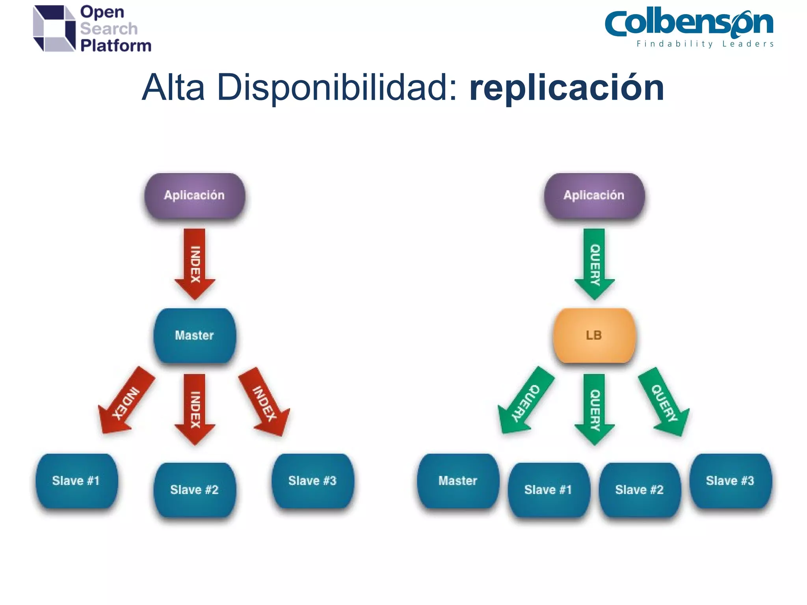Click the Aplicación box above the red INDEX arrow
pos(195,195)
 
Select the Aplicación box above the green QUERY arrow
pos(594,195)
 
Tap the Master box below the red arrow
pos(195,335)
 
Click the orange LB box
pos(594,335)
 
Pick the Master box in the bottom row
pos(458,481)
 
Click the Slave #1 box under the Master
pos(76,481)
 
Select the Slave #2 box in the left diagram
pos(195,490)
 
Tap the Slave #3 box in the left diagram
pos(312,481)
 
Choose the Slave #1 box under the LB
pos(549,490)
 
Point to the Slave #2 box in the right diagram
pos(640,490)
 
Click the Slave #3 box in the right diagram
pos(730,481)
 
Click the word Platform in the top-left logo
pos(116,46)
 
